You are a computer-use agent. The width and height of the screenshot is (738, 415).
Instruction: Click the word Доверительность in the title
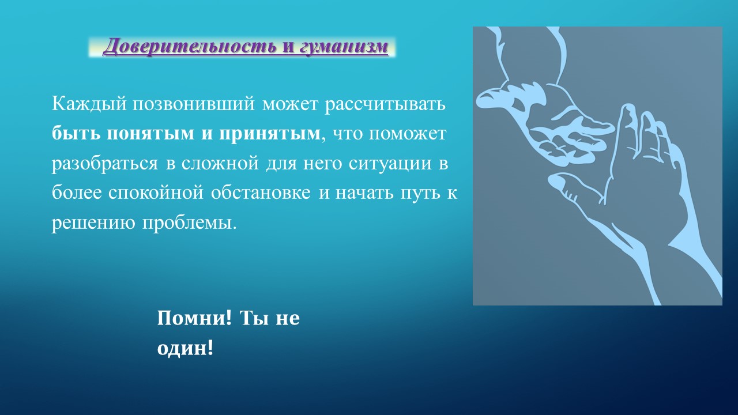[190, 46]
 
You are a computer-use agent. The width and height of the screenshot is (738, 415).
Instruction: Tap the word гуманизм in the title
[344, 46]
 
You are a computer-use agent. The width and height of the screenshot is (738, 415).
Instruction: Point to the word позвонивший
[194, 104]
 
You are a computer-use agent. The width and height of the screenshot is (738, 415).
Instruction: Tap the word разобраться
[105, 164]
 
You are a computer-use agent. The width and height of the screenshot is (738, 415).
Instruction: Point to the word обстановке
[261, 193]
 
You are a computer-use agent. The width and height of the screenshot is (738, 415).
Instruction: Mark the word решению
[93, 223]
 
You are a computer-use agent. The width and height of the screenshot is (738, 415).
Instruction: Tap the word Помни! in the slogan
[194, 318]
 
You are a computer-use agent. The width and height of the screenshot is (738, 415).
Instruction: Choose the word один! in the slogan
[185, 348]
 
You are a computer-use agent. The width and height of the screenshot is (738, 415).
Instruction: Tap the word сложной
[220, 164]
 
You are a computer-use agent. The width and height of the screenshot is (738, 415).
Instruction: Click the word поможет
[407, 134]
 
